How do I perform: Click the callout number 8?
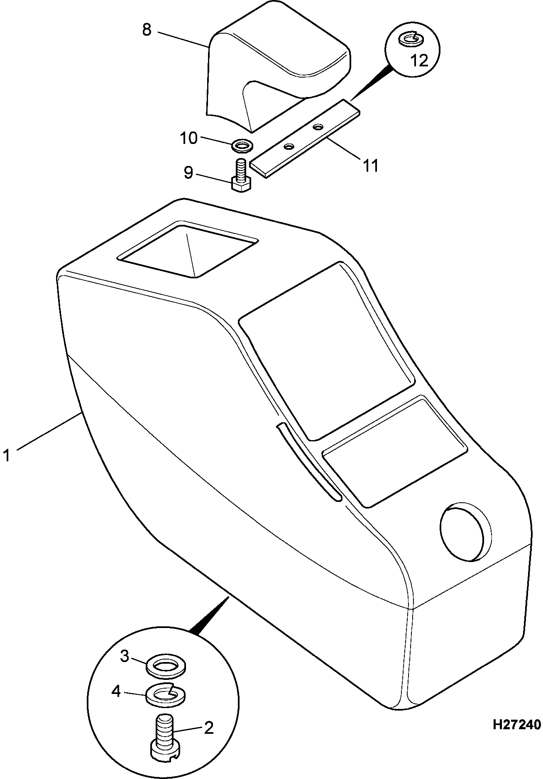tap(147, 30)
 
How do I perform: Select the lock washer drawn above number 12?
tap(410, 39)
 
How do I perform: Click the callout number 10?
tap(188, 138)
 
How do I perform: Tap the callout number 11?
tap(370, 166)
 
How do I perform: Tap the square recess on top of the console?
tap(188, 249)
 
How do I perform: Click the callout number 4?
tap(116, 691)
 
